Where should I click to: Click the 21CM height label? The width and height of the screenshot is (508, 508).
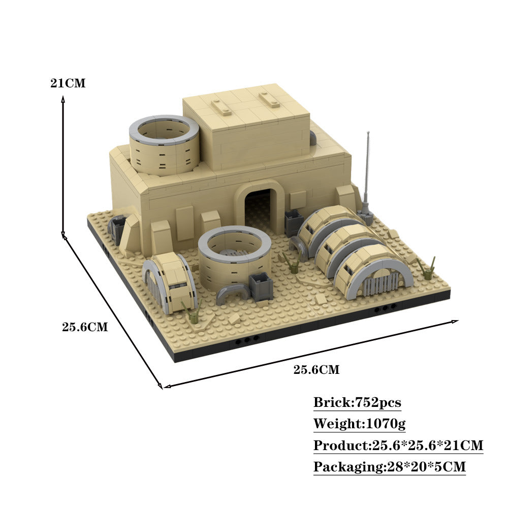68,84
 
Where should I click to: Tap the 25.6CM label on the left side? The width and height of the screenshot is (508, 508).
85,327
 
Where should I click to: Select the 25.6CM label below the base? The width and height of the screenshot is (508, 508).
316,370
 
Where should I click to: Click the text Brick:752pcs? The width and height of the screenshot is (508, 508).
357,403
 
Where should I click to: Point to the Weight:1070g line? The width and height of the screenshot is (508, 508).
359,424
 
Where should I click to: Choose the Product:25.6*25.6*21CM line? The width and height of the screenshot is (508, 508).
398,446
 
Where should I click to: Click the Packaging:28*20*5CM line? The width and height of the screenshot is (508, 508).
389,467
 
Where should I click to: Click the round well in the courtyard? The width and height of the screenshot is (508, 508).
234,257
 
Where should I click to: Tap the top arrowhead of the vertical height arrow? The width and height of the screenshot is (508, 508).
63,101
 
